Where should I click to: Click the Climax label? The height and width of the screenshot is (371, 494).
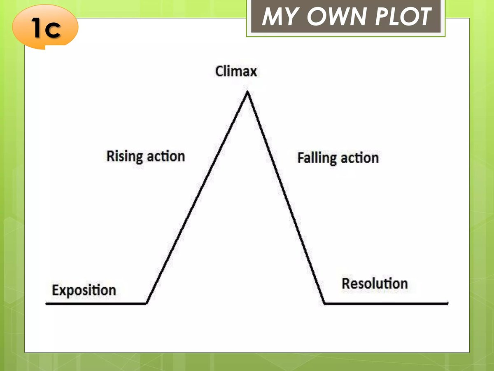point(236,71)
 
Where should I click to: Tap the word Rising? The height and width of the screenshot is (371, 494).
point(125,157)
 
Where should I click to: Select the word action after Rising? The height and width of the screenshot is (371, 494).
point(165,157)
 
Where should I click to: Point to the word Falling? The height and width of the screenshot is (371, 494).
point(316,158)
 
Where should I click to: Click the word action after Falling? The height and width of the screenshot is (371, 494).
point(359,158)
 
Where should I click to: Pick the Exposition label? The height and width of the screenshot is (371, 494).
point(84,290)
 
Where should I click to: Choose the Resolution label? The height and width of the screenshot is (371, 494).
point(375,284)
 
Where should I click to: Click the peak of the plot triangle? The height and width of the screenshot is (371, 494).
point(247,92)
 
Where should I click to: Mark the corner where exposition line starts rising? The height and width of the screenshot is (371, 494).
point(147,303)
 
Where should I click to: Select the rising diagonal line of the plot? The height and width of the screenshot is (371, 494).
point(197,198)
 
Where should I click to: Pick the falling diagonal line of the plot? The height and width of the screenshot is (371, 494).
point(286,198)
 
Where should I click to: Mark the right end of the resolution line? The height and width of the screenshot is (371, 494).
point(447,303)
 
